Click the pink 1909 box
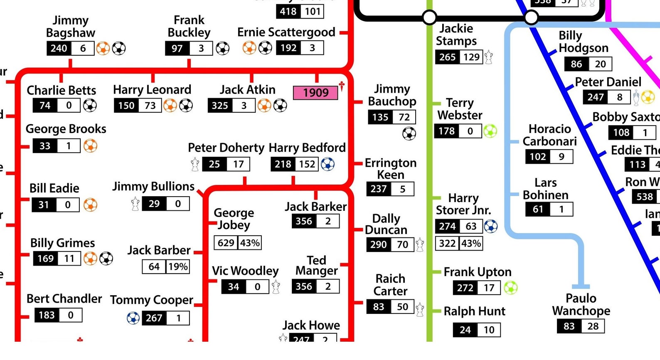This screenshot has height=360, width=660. pyautogui.click(x=315, y=93)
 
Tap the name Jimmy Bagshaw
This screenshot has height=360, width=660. pyautogui.click(x=70, y=27)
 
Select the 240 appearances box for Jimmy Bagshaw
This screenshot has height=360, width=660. pyautogui.click(x=59, y=49)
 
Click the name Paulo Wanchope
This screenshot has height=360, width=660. pyautogui.click(x=581, y=305)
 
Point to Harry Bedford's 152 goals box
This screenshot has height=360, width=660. pyautogui.click(x=307, y=164)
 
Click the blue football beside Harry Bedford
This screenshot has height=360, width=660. pyautogui.click(x=328, y=164)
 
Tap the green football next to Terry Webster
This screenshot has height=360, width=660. pyautogui.click(x=490, y=131)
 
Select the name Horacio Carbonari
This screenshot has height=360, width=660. pyautogui.click(x=549, y=135)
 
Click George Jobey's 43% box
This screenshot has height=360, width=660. pyautogui.click(x=250, y=243)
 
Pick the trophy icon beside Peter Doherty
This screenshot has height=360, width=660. pyautogui.click(x=195, y=164)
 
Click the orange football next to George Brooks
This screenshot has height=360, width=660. pyautogui.click(x=90, y=146)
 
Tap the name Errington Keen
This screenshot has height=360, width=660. pyautogui.click(x=390, y=169)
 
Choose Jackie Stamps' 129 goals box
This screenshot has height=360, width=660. pyautogui.click(x=471, y=57)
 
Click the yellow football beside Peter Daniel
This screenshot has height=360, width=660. pyautogui.click(x=648, y=97)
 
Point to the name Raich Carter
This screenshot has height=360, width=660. pyautogui.click(x=390, y=285)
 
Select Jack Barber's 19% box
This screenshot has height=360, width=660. pyautogui.click(x=178, y=266)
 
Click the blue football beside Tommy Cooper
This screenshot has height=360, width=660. pyautogui.click(x=133, y=318)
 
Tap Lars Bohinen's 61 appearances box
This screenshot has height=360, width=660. pyautogui.click(x=538, y=209)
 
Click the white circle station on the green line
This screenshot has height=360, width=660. pyautogui.click(x=429, y=17)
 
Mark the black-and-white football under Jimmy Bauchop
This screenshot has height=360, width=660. pyautogui.click(x=409, y=133)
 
